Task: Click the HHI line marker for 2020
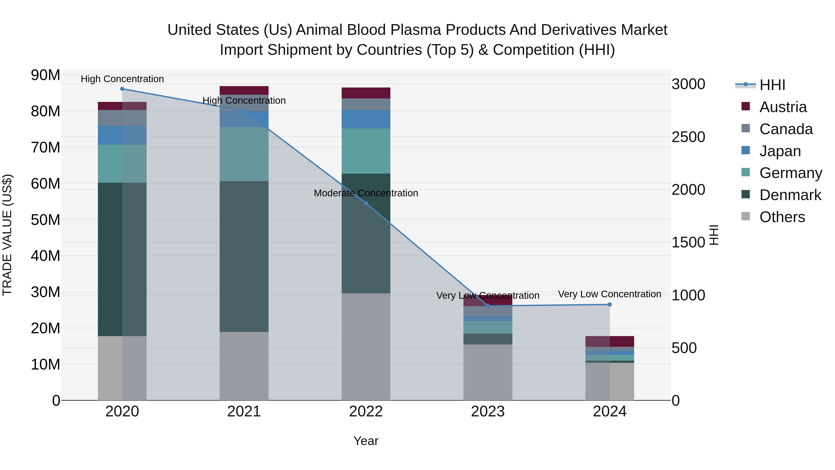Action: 122,89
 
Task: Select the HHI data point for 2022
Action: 366,203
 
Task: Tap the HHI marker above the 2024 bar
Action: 610,305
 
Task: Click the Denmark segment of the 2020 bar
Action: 110,259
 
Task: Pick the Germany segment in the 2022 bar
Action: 366,151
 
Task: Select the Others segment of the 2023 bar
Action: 488,372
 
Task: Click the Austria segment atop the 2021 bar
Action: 244,91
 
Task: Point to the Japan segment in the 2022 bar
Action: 366,119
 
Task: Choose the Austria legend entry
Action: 783,107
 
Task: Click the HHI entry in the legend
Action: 772,85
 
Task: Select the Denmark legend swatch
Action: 745,195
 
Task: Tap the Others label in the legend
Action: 782,217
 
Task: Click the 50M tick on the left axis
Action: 45,220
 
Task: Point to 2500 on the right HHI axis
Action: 688,137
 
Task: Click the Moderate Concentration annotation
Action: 366,193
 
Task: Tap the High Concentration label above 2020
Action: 122,79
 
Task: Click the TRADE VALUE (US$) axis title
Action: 7,235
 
